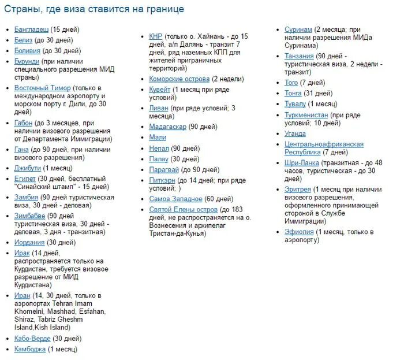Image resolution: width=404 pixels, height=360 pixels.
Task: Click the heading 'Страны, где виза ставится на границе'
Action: point(94,9)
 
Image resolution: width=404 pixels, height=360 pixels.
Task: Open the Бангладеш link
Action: point(31,29)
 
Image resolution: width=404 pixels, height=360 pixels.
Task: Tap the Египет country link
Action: point(25,179)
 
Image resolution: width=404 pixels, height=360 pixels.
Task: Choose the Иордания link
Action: point(29,243)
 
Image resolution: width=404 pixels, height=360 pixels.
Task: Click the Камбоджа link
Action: point(30,350)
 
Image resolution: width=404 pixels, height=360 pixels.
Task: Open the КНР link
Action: point(156,36)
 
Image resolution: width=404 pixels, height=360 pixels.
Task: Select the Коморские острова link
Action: point(179,79)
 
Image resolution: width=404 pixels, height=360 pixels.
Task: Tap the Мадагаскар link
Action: point(167,127)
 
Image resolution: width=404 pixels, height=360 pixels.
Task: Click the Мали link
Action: point(157,138)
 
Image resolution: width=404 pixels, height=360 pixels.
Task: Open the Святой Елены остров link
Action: point(183,209)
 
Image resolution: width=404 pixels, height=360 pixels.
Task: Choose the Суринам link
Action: point(298,29)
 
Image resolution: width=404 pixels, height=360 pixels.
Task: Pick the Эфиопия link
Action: point(299,232)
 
